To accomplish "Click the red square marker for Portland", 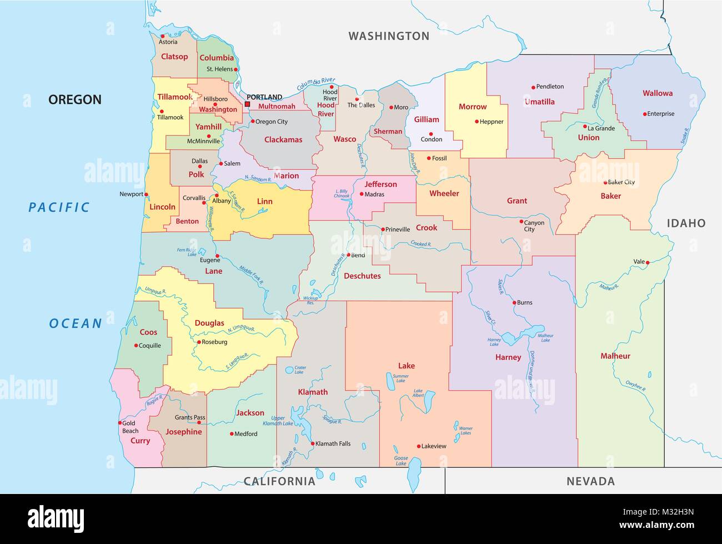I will pyautogui.click(x=247, y=104).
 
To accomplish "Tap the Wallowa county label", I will pyautogui.click(x=658, y=93).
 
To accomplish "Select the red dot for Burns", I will pyautogui.click(x=514, y=302).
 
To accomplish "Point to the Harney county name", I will pyautogui.click(x=508, y=357).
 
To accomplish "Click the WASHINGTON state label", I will pyautogui.click(x=389, y=36).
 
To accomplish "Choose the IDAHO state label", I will pyautogui.click(x=686, y=223).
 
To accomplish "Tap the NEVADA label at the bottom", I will pyautogui.click(x=590, y=481).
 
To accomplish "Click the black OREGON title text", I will pyautogui.click(x=75, y=100).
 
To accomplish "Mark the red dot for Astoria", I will pyautogui.click(x=163, y=36).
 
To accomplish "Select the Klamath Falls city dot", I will pyautogui.click(x=312, y=443).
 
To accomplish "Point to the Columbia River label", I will pyautogui.click(x=316, y=84).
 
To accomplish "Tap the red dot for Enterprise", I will pyautogui.click(x=645, y=114).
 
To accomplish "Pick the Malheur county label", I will pyautogui.click(x=615, y=356).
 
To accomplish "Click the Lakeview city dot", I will pyautogui.click(x=418, y=446).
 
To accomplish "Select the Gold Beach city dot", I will pyautogui.click(x=119, y=423).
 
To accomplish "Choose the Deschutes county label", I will pyautogui.click(x=362, y=276).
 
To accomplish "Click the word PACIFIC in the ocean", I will pyautogui.click(x=59, y=207).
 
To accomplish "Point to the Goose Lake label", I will pyautogui.click(x=400, y=461).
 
